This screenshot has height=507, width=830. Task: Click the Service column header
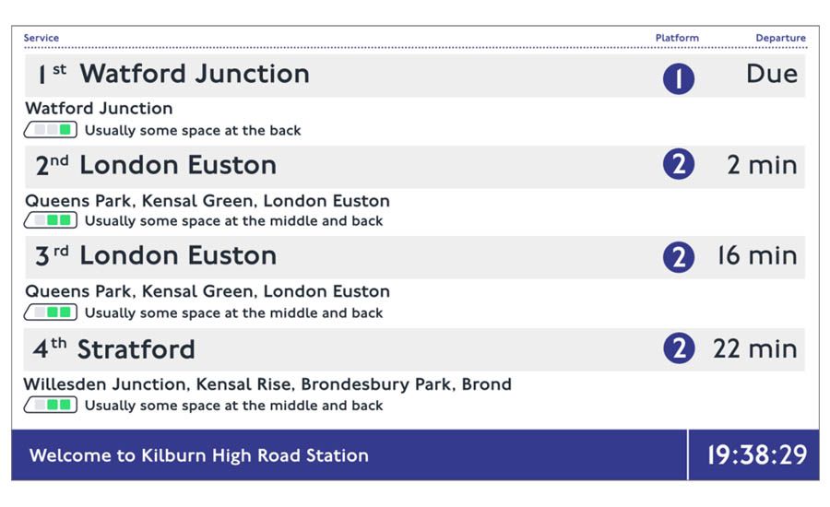(x=41, y=38)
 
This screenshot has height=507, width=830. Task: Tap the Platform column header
(x=677, y=38)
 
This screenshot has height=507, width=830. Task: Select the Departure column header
(x=781, y=38)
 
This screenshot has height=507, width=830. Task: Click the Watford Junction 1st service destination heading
(x=195, y=74)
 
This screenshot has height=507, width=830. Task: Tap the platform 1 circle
(x=679, y=79)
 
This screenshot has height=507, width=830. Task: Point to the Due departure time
(x=772, y=74)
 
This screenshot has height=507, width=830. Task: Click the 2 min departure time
(x=763, y=165)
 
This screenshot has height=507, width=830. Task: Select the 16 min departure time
(x=757, y=255)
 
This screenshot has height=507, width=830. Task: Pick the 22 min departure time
(x=755, y=348)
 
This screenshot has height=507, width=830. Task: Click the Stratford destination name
(x=136, y=349)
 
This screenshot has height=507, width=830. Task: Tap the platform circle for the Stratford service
(x=679, y=348)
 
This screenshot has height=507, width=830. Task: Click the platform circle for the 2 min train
(x=679, y=164)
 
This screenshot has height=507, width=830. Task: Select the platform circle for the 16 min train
(x=679, y=257)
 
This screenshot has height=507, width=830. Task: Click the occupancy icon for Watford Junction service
(x=51, y=130)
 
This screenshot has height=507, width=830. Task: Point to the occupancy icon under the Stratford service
(x=51, y=405)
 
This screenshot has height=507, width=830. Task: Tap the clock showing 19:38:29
(x=757, y=455)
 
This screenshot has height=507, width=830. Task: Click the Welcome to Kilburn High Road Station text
(x=199, y=455)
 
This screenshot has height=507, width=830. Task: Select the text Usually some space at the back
(x=193, y=130)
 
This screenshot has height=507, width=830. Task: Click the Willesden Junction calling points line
(x=267, y=384)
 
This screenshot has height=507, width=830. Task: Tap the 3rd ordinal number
(x=52, y=255)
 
